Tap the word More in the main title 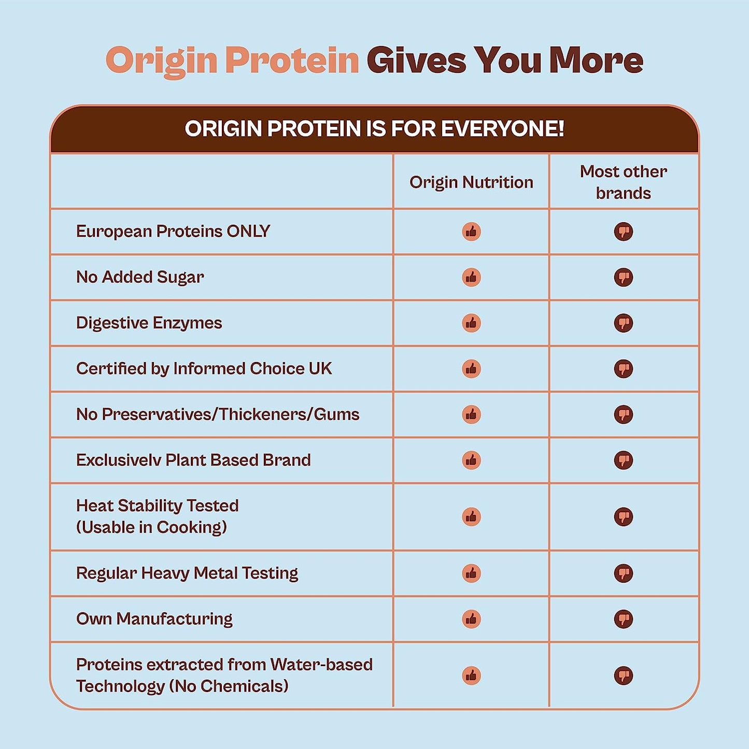(597, 60)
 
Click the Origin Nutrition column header (471, 182)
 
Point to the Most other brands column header (624, 182)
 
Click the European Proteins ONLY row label (173, 232)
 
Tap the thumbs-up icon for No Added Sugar (471, 277)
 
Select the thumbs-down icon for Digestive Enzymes (624, 323)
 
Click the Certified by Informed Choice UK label (204, 368)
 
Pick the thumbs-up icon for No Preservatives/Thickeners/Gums (471, 414)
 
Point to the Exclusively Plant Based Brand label (193, 460)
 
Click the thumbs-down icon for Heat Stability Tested (624, 516)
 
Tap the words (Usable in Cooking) (151, 527)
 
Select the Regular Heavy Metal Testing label (187, 573)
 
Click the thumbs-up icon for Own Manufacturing (471, 619)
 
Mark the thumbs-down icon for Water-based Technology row (624, 675)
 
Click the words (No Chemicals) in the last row (229, 686)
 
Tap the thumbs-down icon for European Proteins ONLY (624, 232)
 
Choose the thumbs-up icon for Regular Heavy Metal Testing (471, 573)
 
